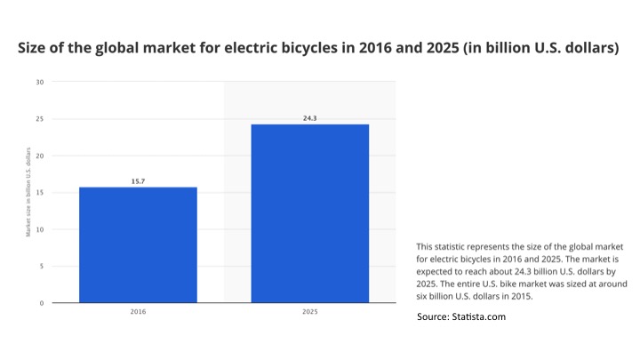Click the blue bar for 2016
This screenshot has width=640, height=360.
(x=138, y=244)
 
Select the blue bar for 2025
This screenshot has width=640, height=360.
(x=310, y=213)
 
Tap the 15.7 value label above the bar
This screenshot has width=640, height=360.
(x=138, y=181)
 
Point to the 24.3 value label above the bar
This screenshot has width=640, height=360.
(x=310, y=117)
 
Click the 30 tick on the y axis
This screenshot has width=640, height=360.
(x=39, y=82)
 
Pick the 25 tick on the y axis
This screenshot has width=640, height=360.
(x=39, y=119)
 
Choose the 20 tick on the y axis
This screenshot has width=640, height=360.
(x=39, y=156)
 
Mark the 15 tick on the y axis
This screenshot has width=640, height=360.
(x=39, y=193)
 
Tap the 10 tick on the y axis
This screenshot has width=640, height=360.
(x=39, y=229)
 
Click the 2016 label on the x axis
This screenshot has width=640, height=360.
(x=138, y=313)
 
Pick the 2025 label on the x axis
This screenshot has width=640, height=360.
(x=310, y=313)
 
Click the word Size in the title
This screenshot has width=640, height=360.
(x=34, y=48)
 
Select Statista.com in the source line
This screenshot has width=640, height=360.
(x=479, y=316)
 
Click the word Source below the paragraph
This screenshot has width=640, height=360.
(x=436, y=316)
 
